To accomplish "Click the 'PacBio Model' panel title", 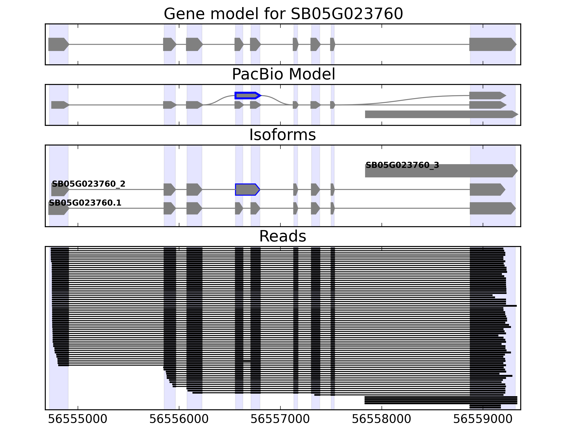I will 283,74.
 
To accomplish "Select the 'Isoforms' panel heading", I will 282,135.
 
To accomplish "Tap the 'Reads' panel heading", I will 282,236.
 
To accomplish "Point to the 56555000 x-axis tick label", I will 77,419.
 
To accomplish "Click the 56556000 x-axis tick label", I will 179,419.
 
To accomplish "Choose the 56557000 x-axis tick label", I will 280,419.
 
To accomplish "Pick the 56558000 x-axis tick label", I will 382,419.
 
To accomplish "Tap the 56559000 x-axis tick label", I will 483,419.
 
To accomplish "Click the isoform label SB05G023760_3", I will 402,165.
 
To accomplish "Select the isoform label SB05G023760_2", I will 89,184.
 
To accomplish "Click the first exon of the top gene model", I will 58,44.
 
